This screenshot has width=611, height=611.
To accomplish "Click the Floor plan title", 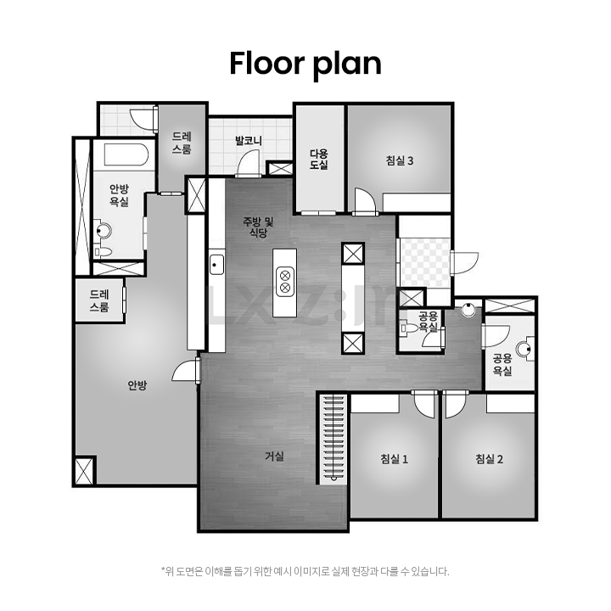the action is click(305, 64).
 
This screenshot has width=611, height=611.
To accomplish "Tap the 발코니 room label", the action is click(249, 140).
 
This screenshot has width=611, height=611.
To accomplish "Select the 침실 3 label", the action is click(400, 160).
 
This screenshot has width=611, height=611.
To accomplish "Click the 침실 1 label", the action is click(394, 458).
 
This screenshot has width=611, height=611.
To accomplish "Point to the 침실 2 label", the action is click(489, 458).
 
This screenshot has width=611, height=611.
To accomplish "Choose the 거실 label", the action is click(274, 456).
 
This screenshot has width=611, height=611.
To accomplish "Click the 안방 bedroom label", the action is click(137, 385).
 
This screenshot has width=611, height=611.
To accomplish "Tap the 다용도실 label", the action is click(319, 159).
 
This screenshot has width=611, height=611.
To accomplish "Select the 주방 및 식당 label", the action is click(258, 227).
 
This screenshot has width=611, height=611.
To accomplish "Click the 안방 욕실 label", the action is click(119, 196).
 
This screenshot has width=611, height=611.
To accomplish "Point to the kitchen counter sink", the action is click(216, 265).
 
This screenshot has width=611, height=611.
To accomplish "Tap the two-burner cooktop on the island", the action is click(285, 282).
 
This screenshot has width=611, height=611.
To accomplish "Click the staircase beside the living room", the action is click(333, 440).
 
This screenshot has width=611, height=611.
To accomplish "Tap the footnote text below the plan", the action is click(305, 572).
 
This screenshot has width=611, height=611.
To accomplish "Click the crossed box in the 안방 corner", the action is click(84, 471).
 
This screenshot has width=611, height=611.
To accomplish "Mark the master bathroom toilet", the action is click(102, 251).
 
